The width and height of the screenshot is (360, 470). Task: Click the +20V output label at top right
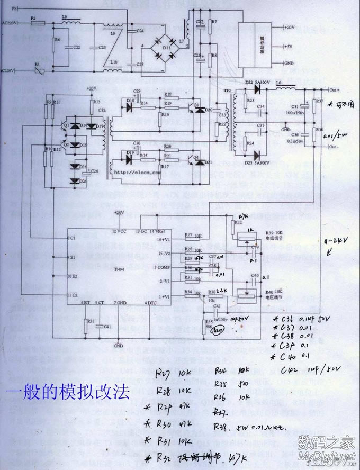pyautogui.click(x=289, y=27)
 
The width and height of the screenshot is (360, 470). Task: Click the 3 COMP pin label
pyautogui.click(x=161, y=267)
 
